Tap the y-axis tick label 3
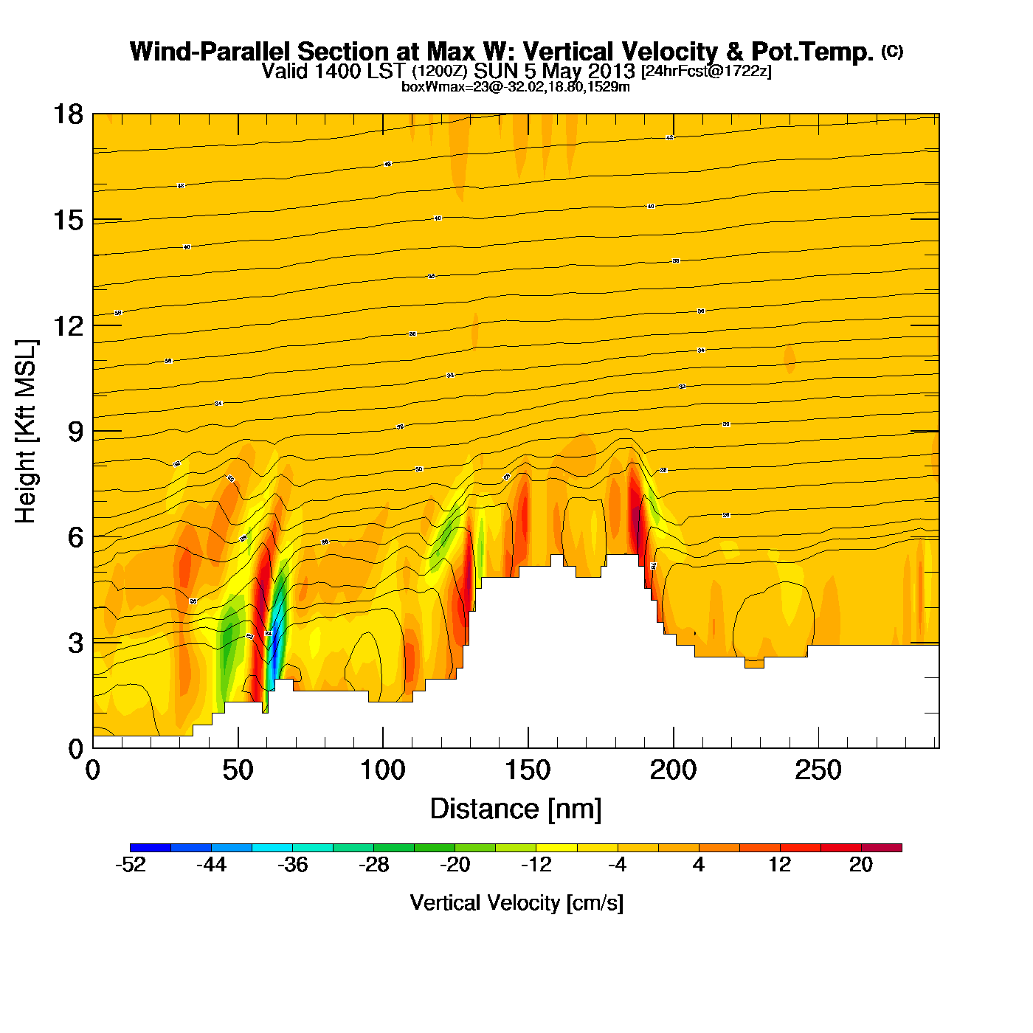click(75, 643)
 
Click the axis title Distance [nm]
click(516, 809)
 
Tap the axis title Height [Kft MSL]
click(26, 432)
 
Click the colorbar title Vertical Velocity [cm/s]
click(516, 902)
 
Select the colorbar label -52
click(131, 865)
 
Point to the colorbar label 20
click(861, 865)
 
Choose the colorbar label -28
click(373, 865)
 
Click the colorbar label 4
click(699, 865)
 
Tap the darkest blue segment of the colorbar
click(150, 848)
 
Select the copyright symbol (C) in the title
click(892, 51)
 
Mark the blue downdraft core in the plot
click(273, 657)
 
